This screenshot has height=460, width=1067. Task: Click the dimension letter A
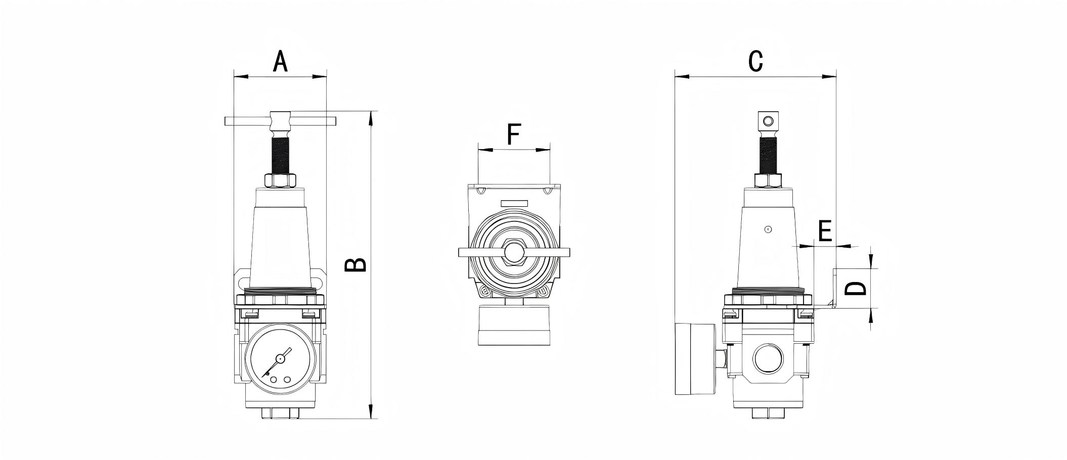tap(280, 62)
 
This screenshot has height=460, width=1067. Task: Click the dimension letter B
tap(355, 265)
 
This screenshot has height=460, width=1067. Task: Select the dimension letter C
tap(755, 62)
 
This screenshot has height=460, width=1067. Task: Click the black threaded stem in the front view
tap(281, 155)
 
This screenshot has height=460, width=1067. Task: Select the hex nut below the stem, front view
tap(280, 180)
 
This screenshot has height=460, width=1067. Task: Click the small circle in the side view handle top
tap(768, 121)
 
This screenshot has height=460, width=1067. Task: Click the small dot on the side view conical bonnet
tap(768, 229)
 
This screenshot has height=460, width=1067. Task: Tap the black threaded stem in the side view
tap(768, 155)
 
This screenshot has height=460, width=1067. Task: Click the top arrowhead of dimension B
tap(371, 117)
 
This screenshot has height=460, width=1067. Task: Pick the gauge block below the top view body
tap(514, 325)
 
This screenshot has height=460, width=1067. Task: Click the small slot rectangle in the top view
tap(514, 203)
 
